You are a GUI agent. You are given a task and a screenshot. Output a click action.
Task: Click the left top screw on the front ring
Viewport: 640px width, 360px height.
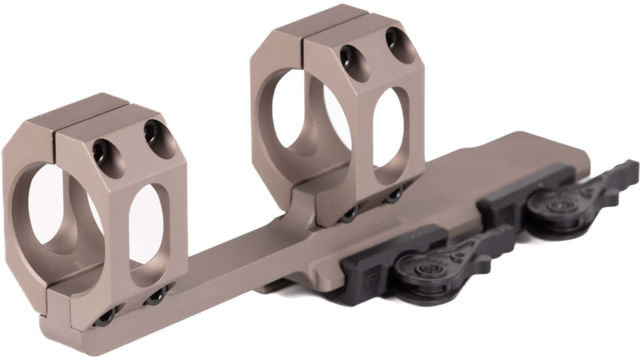103,152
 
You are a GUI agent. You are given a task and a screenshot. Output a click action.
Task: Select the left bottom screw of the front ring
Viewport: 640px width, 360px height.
106,317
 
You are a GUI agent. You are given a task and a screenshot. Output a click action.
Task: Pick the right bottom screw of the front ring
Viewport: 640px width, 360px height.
155,298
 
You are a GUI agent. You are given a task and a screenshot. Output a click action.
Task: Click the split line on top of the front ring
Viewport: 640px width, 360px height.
56,121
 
